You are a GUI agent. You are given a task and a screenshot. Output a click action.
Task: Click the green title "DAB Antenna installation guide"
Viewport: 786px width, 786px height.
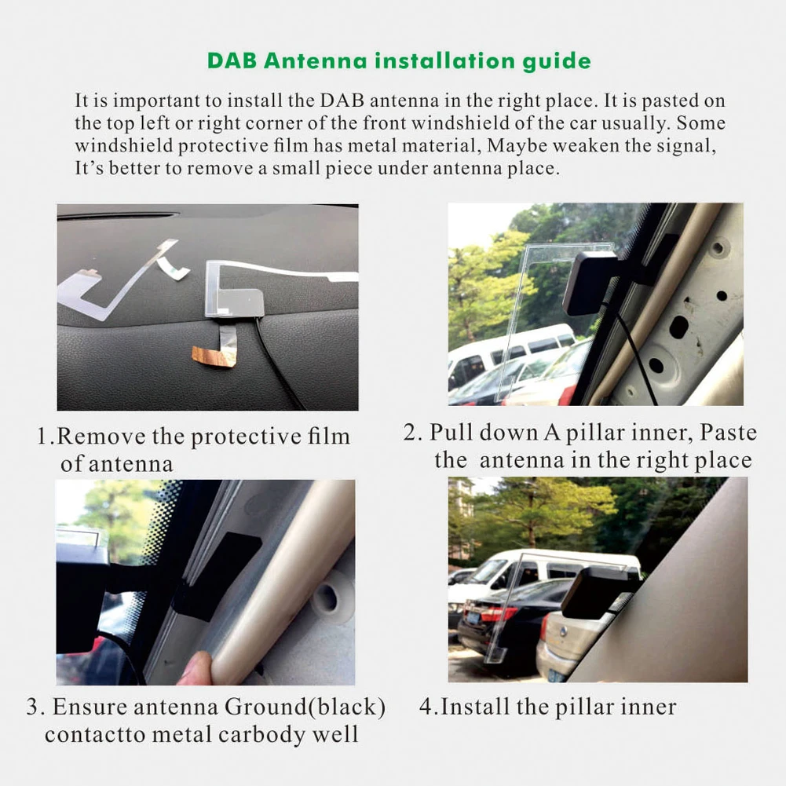(399, 61)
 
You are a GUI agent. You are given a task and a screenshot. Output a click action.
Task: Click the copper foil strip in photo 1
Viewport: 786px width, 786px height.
(215, 354)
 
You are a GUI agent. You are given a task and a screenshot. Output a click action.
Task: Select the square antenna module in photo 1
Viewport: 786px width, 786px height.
(233, 301)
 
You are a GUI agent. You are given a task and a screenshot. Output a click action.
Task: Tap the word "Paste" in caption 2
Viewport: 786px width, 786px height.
(728, 433)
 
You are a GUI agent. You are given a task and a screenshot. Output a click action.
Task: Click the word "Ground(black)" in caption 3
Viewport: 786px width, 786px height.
(305, 707)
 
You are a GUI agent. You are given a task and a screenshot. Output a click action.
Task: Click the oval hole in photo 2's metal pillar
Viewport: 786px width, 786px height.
(678, 326)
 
